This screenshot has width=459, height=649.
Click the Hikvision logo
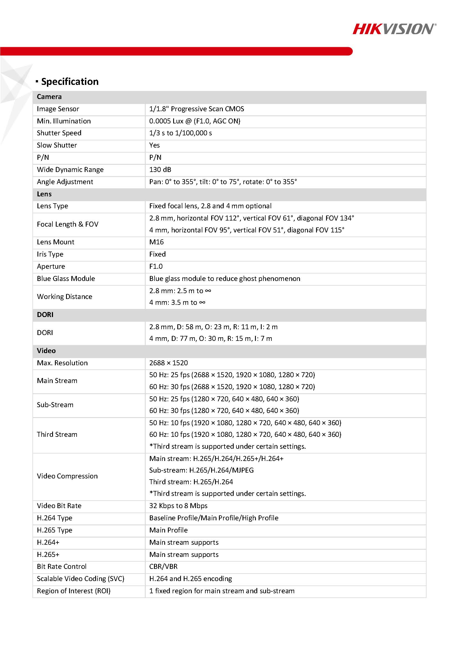click(x=394, y=29)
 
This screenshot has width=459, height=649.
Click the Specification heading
click(x=70, y=82)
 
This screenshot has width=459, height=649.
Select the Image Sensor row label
click(x=58, y=109)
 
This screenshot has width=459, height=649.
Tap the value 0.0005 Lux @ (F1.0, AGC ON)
click(x=195, y=121)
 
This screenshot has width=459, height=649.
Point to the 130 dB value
click(x=160, y=169)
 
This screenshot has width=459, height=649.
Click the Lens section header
click(x=44, y=194)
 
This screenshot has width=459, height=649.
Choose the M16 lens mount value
click(x=157, y=242)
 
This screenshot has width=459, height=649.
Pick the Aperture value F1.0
click(x=156, y=266)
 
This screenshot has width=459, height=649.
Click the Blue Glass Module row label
click(x=66, y=278)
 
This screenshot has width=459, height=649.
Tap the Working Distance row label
click(x=64, y=296)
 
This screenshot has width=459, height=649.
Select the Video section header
click(x=46, y=351)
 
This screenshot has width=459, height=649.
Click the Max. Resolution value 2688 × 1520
click(x=168, y=363)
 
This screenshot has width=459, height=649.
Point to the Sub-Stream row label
click(x=55, y=405)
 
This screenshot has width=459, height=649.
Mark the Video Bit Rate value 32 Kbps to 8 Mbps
click(x=178, y=506)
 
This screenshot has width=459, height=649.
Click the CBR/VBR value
click(x=163, y=566)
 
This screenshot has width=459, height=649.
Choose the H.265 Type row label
click(x=55, y=530)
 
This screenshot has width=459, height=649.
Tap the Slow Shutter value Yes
click(x=154, y=145)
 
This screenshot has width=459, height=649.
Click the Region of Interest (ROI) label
click(x=74, y=591)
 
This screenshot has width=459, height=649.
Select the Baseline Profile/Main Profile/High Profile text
click(x=214, y=518)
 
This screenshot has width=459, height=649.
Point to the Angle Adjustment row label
click(x=65, y=182)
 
